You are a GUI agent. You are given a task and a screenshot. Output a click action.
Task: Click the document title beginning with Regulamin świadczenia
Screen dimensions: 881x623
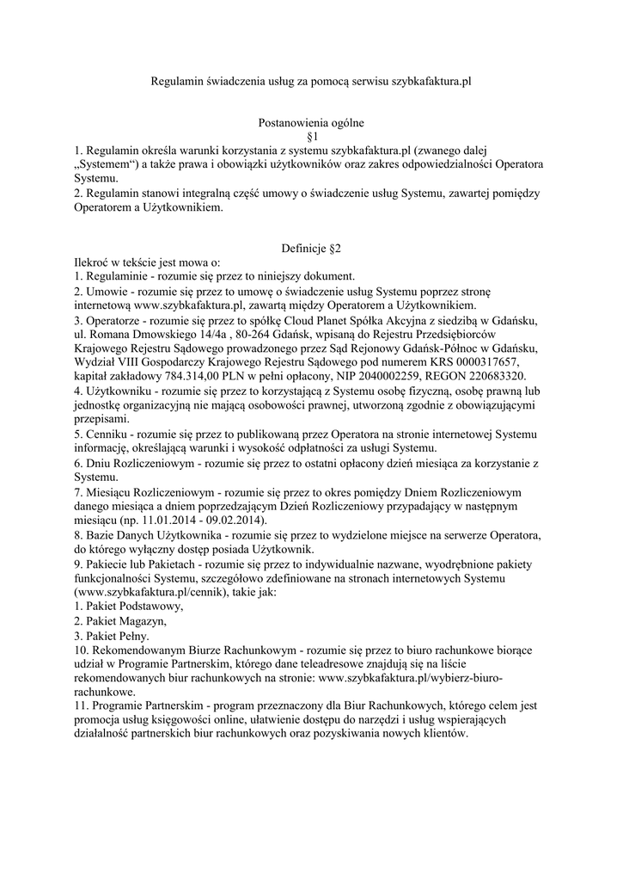(x=311, y=83)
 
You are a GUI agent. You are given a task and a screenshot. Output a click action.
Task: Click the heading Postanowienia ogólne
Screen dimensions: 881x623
(x=311, y=123)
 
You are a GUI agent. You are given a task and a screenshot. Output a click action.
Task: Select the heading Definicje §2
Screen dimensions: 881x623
(x=311, y=249)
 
